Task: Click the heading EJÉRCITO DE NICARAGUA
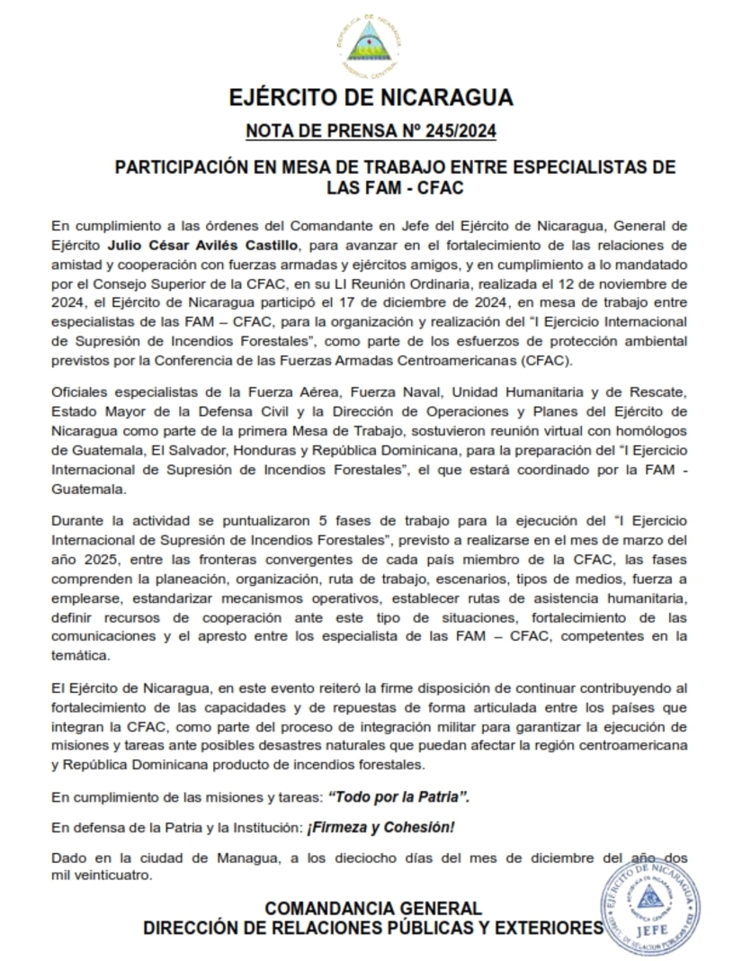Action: point(371,97)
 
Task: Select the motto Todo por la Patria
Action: point(398,796)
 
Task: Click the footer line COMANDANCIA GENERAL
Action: point(372,908)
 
